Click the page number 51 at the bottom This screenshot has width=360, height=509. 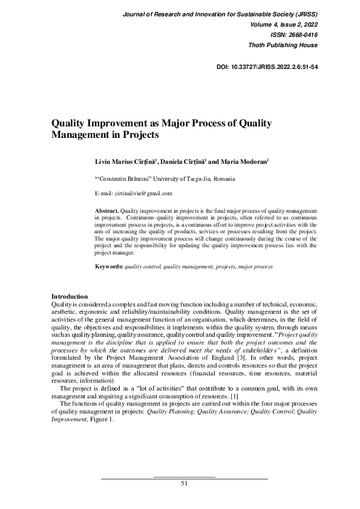[185, 484]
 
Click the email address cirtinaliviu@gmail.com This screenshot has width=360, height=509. [143, 193]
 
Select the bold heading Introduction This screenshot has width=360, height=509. [70, 296]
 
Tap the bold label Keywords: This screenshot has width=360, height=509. [109, 266]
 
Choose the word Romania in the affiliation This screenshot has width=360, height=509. [223, 179]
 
